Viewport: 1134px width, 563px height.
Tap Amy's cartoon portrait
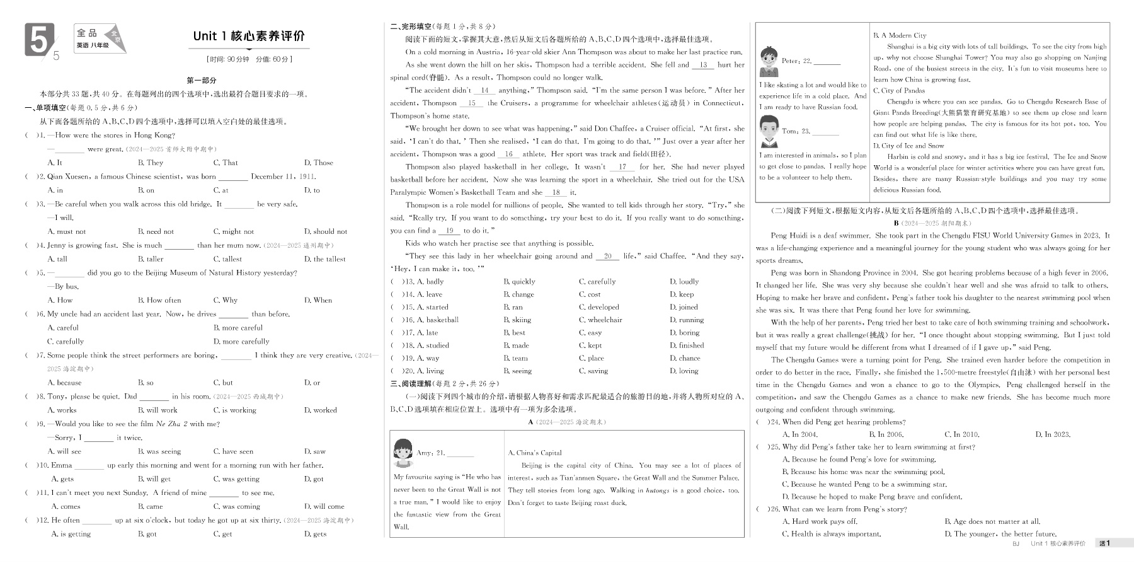[x=403, y=451]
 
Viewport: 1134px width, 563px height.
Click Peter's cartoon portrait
[x=768, y=61]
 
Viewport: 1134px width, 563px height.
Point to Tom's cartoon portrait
[x=768, y=131]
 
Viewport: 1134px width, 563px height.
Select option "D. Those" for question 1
[x=318, y=163]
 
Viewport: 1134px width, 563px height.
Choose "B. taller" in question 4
[x=151, y=259]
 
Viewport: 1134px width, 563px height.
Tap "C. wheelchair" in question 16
[x=600, y=320]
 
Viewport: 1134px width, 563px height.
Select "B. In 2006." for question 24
[x=886, y=434]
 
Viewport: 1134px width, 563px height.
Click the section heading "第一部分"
[x=202, y=81]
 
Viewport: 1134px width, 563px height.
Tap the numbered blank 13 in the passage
[x=703, y=65]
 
